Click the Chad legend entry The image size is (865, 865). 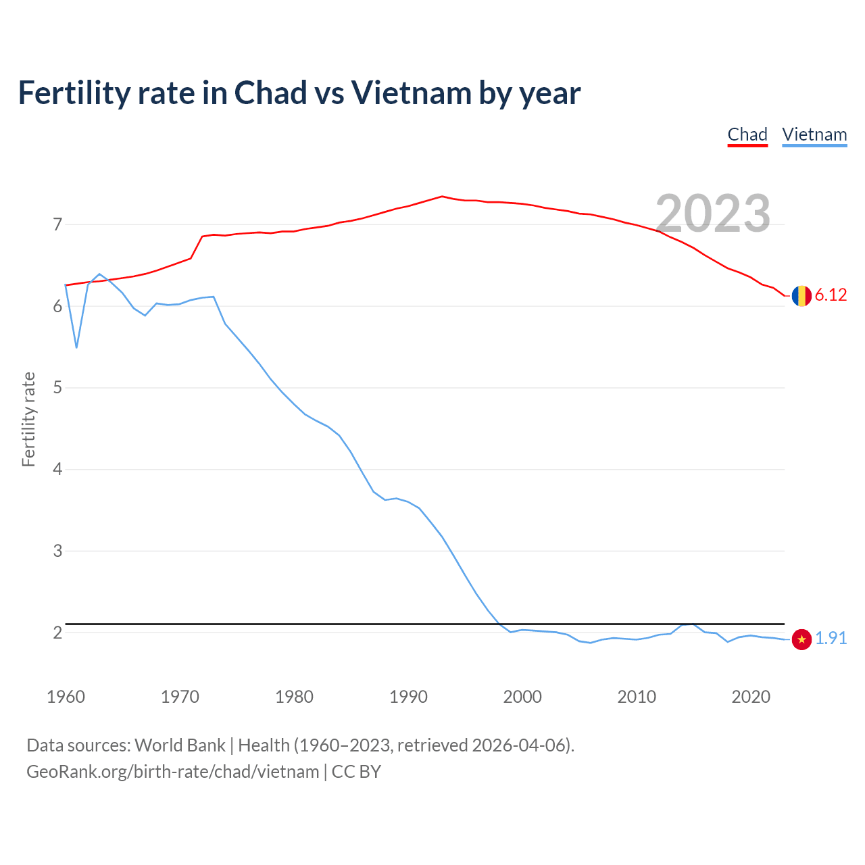tap(747, 134)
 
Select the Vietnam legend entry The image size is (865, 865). tap(814, 134)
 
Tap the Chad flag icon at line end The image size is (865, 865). tap(801, 296)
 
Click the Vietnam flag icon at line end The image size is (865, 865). tap(801, 639)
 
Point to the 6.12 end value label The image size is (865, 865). tap(831, 295)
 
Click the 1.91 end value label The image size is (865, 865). tap(831, 639)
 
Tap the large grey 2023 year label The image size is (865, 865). tap(713, 214)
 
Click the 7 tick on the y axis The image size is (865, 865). tap(57, 224)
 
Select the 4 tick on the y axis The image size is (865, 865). tap(57, 469)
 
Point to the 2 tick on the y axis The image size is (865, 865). tap(57, 633)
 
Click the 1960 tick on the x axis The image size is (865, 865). tap(66, 697)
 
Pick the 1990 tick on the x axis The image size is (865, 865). tap(408, 697)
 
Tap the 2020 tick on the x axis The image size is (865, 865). tap(751, 697)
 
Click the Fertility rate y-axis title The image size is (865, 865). tap(28, 419)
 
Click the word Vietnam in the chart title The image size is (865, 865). tap(411, 93)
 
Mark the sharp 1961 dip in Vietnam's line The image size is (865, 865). tap(76, 347)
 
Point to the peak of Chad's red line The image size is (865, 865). tap(442, 197)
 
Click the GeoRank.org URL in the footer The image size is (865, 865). tap(172, 772)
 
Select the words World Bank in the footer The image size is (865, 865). tap(180, 745)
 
